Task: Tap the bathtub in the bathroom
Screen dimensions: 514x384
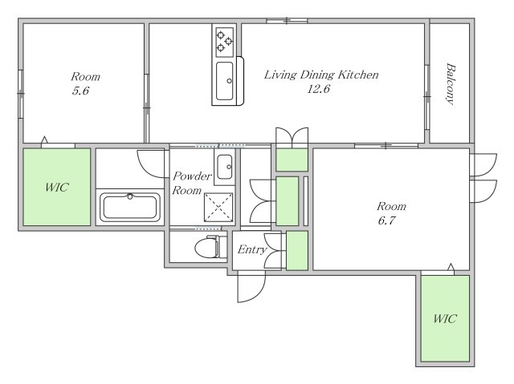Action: point(130,207)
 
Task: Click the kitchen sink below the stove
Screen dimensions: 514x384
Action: point(225,82)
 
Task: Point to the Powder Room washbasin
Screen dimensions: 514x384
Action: point(225,167)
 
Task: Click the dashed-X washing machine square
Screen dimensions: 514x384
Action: point(218,208)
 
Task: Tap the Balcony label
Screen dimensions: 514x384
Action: point(451,84)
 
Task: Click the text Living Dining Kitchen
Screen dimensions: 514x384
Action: point(321,75)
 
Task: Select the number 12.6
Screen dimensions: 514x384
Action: point(318,89)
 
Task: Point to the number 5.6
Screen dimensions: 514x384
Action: point(80,91)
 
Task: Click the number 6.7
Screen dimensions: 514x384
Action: point(386,220)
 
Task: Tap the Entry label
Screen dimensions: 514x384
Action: point(251,249)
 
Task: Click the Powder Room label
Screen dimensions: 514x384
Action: point(191,183)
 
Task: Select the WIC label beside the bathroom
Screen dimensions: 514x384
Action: point(57,188)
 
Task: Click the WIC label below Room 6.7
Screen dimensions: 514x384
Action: point(444,318)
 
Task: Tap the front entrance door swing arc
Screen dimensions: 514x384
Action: point(259,295)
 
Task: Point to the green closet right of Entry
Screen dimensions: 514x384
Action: point(297,251)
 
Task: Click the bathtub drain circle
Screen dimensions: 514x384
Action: point(130,196)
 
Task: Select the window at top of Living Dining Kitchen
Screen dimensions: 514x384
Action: point(287,21)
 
